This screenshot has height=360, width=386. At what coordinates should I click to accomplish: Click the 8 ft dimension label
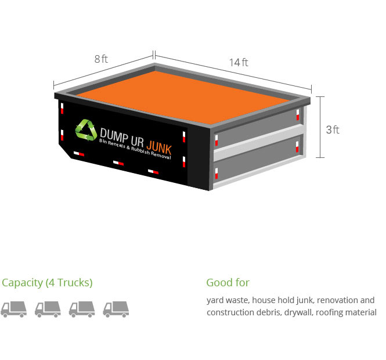tap(101, 59)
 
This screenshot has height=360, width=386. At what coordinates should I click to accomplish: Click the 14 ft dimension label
tap(238, 63)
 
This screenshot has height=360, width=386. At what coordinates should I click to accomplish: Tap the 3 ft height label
tap(333, 129)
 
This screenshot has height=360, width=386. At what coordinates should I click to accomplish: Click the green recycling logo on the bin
tap(86, 129)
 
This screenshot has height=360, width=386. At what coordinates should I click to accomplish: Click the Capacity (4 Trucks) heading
tap(47, 283)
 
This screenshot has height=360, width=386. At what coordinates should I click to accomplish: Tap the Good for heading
tap(228, 283)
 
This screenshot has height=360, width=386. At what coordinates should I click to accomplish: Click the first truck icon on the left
tap(13, 309)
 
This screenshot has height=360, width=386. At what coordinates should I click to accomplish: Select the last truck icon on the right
tap(116, 309)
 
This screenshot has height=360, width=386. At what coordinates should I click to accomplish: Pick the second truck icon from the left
tap(48, 309)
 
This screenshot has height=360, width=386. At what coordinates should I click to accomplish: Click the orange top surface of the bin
tap(180, 93)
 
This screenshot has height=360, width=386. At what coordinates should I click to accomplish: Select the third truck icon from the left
tap(82, 309)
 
